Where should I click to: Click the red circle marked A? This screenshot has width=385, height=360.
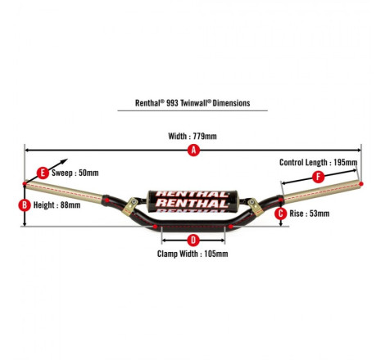click(193, 150)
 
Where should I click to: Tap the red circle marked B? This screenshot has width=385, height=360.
click(25, 205)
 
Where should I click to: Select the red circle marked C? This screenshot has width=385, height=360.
click(280, 214)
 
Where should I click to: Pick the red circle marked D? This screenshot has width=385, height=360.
click(193, 241)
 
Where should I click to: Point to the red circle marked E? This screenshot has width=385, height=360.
click(43, 173)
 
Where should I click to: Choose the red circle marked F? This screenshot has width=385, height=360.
click(318, 177)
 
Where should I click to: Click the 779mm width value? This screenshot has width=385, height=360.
click(205, 136)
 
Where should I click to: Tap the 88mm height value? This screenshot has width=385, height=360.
click(70, 205)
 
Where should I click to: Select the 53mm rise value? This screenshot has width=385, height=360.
click(319, 214)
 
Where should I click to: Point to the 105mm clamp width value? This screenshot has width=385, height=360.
click(216, 254)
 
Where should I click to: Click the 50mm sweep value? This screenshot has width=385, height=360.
click(88, 173)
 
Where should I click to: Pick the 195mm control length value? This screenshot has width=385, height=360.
click(346, 163)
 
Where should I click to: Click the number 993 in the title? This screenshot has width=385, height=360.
click(172, 103)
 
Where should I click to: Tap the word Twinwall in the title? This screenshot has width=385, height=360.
click(195, 103)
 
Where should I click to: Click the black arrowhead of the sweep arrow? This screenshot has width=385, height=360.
click(64, 161)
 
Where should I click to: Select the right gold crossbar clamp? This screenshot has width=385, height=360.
click(254, 206)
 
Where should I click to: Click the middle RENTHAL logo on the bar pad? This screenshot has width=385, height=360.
click(192, 203)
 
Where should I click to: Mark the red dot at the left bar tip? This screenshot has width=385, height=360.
click(25, 184)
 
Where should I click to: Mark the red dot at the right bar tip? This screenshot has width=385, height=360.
click(361, 184)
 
